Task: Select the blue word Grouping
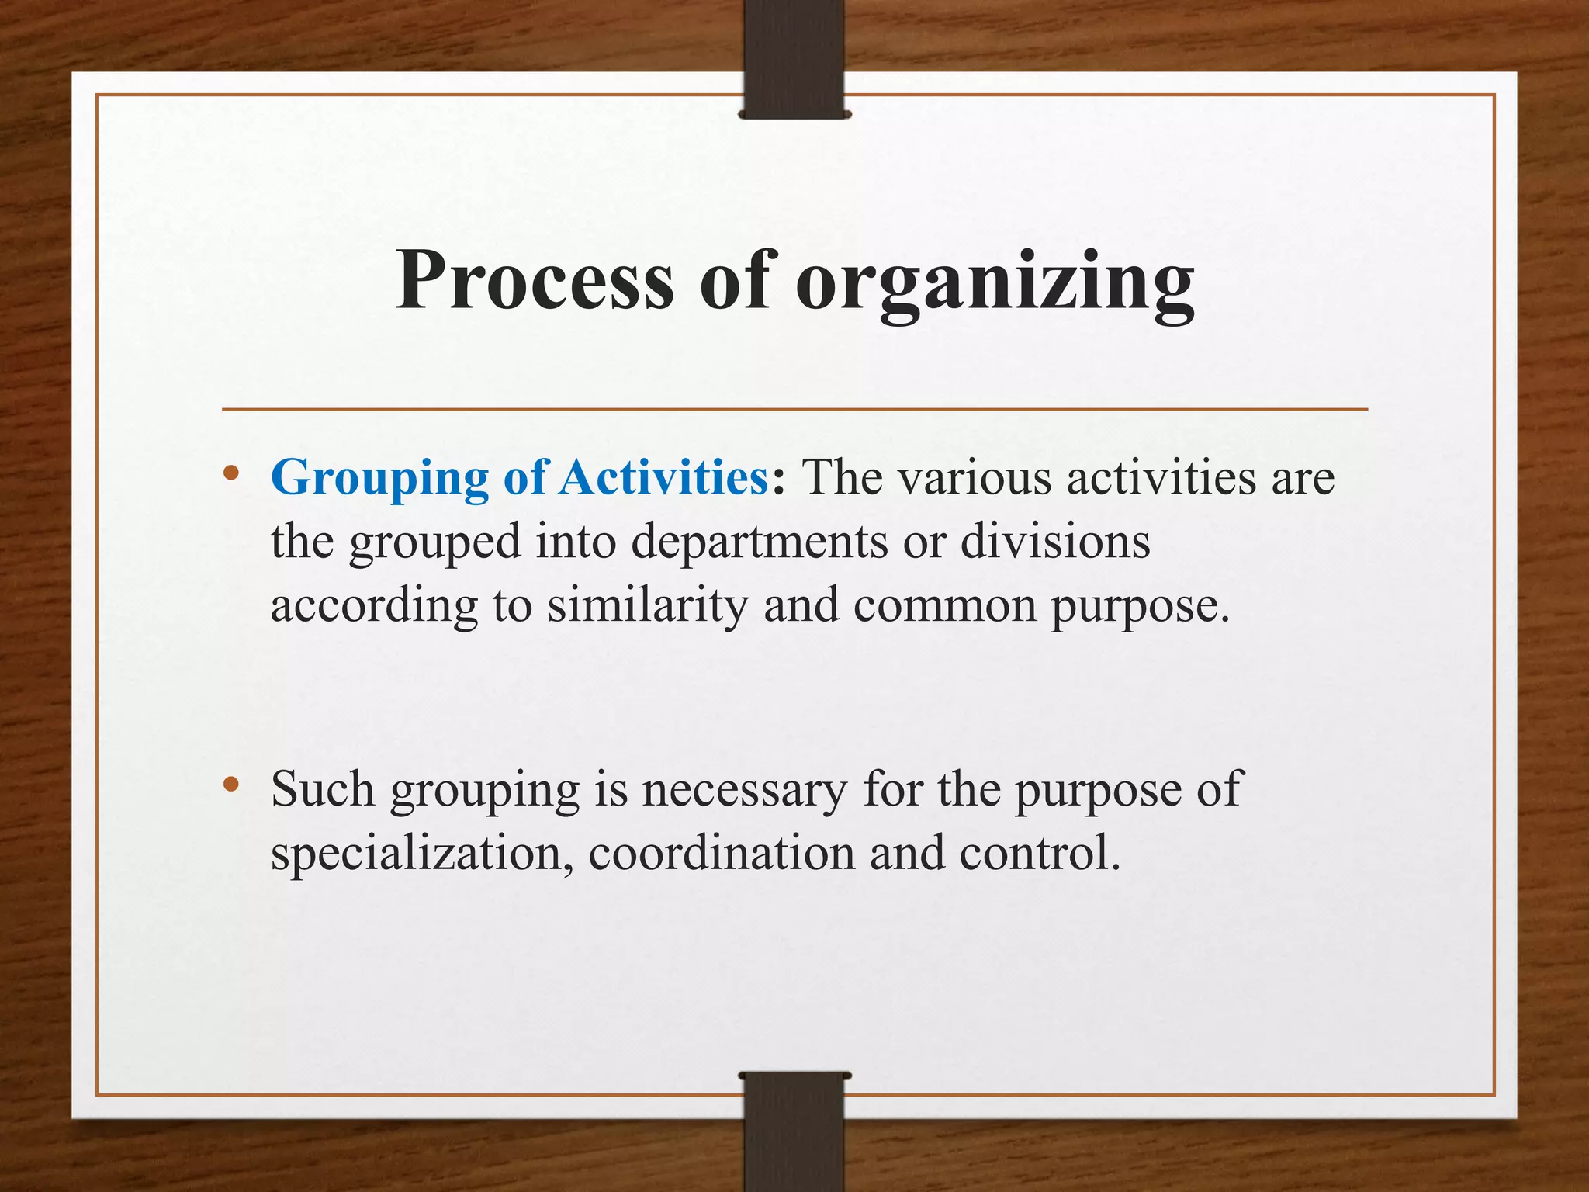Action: pyautogui.click(x=379, y=478)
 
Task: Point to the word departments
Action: pyautogui.click(x=759, y=542)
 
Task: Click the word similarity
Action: pyautogui.click(x=647, y=606)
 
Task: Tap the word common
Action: pyautogui.click(x=945, y=606)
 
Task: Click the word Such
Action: pyautogui.click(x=323, y=789)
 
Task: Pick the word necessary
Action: pyautogui.click(x=745, y=791)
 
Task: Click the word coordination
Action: pyautogui.click(x=722, y=853)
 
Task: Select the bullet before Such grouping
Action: pyautogui.click(x=230, y=785)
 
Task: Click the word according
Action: pyautogui.click(x=374, y=608)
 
